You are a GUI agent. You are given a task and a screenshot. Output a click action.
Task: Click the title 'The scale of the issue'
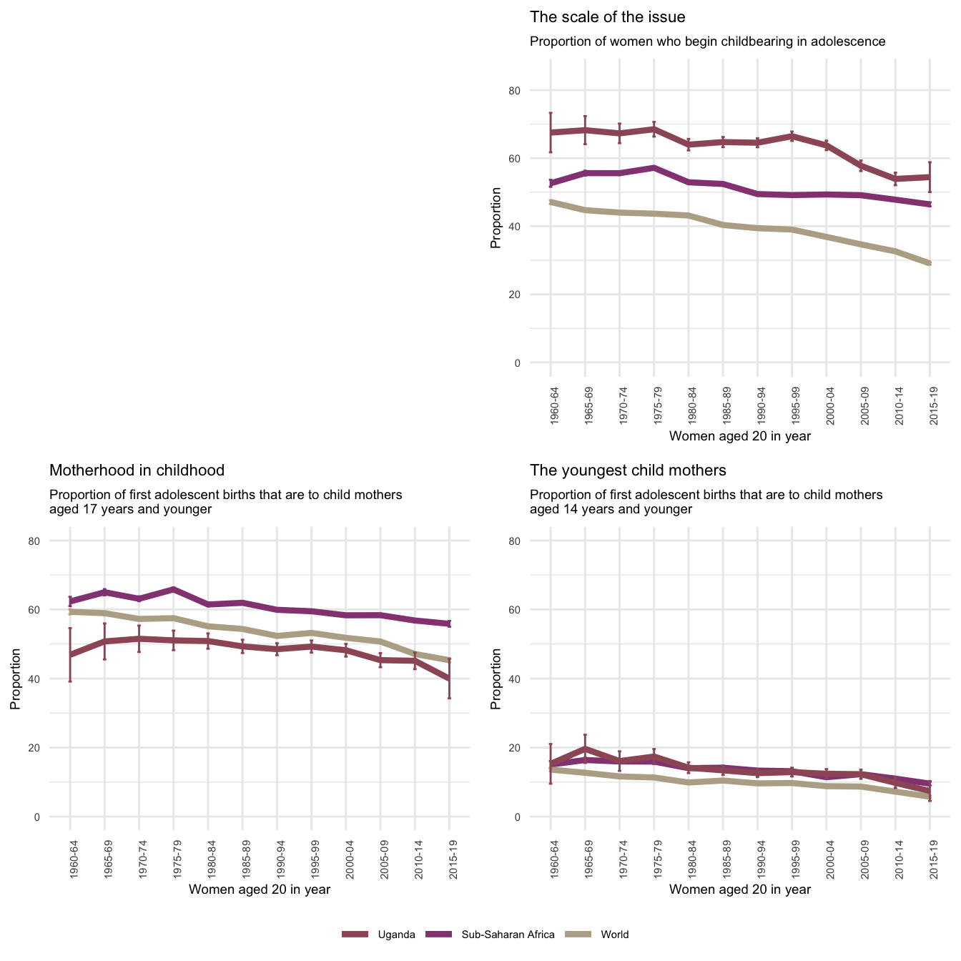pyautogui.click(x=607, y=17)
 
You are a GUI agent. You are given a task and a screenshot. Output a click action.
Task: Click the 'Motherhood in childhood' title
pyautogui.click(x=137, y=470)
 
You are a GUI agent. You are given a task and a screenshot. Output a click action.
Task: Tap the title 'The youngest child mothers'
pyautogui.click(x=628, y=470)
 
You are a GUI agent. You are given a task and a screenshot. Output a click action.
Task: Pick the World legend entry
pyautogui.click(x=614, y=935)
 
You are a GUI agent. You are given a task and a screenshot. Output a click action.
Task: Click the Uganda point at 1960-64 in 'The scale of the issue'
pyautogui.click(x=551, y=132)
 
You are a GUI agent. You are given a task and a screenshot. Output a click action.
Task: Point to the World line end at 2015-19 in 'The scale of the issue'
pyautogui.click(x=930, y=264)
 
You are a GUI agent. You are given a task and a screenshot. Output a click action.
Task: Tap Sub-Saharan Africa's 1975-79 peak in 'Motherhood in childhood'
pyautogui.click(x=174, y=589)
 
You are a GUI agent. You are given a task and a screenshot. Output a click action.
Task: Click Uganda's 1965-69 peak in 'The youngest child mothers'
pyautogui.click(x=586, y=748)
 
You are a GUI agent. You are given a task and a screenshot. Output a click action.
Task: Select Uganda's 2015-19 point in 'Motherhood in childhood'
pyautogui.click(x=449, y=679)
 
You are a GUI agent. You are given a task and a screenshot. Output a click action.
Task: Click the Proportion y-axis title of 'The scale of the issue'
pyautogui.click(x=496, y=218)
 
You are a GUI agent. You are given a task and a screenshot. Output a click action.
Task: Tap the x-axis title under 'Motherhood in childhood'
pyautogui.click(x=259, y=889)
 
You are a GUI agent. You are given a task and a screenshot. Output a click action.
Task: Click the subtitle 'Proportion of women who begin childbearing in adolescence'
pyautogui.click(x=707, y=41)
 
